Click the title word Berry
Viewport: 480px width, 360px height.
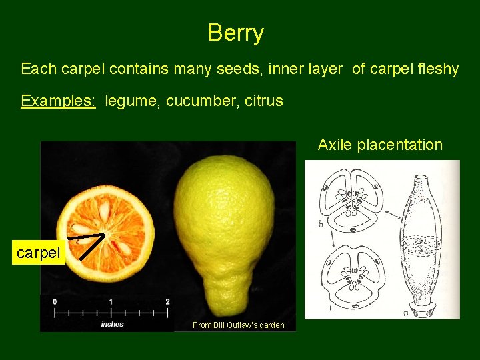click(x=236, y=33)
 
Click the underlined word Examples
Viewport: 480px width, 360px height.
click(x=58, y=101)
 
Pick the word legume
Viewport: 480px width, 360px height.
click(x=131, y=101)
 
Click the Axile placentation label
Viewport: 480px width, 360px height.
click(x=380, y=145)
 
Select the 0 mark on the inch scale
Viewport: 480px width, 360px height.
click(x=55, y=302)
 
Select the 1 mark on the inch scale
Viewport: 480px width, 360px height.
click(x=111, y=302)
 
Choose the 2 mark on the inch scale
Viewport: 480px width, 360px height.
click(x=167, y=302)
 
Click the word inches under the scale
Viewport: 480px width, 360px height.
click(x=111, y=324)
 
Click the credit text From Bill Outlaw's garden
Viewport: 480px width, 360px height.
click(x=238, y=325)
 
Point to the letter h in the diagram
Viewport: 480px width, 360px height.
click(x=321, y=224)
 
